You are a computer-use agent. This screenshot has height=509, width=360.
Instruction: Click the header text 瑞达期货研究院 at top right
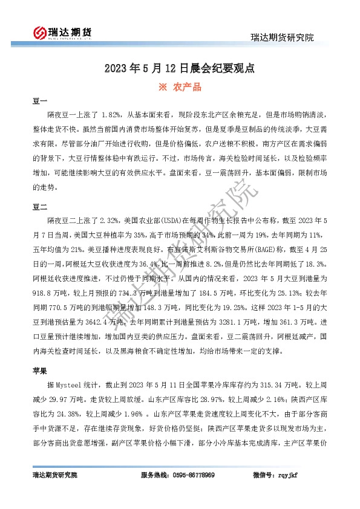point(282,37)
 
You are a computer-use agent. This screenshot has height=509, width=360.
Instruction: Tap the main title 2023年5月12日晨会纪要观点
point(180,68)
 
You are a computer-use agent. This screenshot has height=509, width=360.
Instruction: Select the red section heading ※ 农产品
point(179,87)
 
